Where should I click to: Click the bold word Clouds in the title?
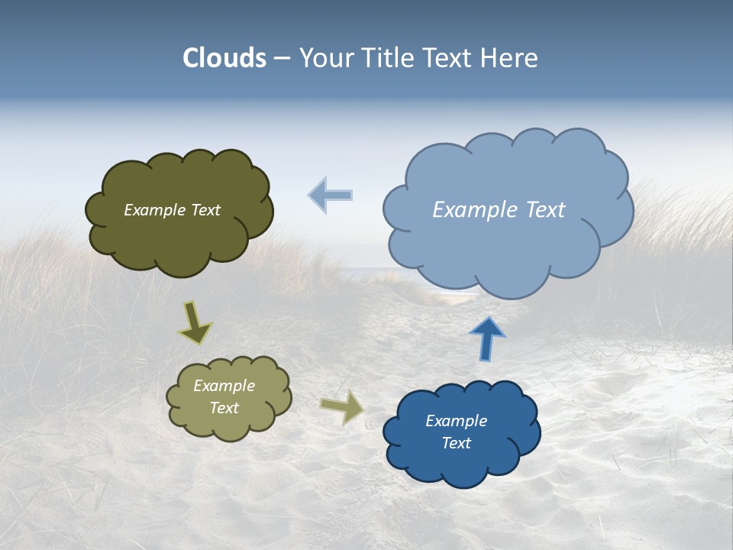pos(224,58)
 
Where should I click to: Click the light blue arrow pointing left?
pos(331,195)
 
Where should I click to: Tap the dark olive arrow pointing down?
pos(195,322)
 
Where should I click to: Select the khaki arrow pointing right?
pos(343,407)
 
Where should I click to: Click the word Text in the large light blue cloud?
pos(545,210)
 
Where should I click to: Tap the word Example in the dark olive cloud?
pos(154,210)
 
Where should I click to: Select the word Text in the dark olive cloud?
pos(205,210)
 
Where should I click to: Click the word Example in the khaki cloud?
pos(224,386)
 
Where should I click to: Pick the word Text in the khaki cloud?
pos(224,408)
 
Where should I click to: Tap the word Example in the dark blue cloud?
pos(456,421)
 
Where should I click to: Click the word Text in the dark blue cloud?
pos(456,443)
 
